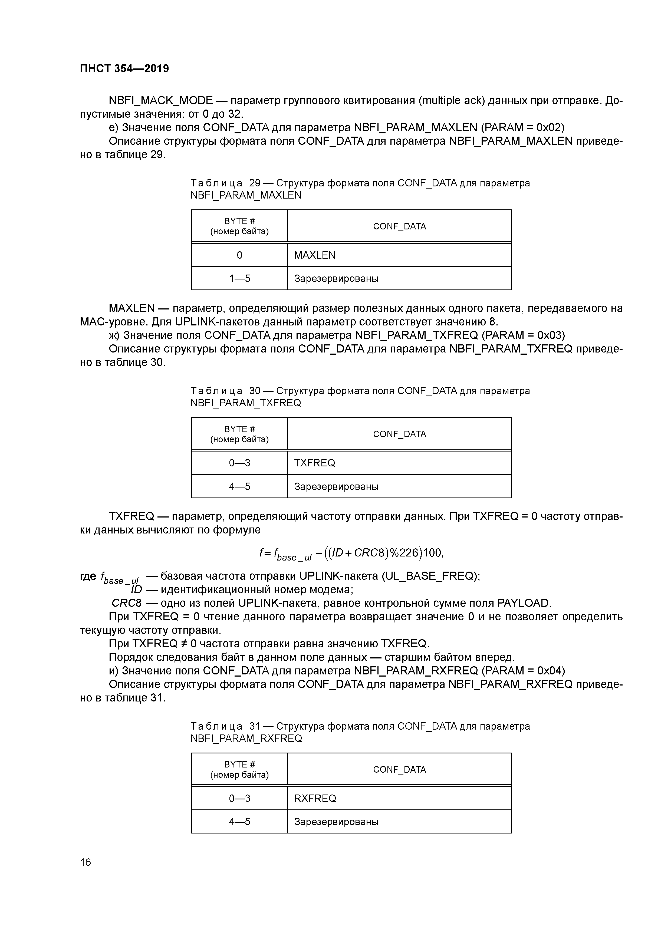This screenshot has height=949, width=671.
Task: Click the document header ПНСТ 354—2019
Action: (x=124, y=69)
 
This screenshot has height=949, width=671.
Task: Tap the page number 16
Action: (x=85, y=862)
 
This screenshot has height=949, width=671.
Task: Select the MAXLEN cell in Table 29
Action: (x=315, y=255)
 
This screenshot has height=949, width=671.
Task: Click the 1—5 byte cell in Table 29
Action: (x=239, y=278)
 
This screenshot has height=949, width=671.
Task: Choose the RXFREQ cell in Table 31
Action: (x=315, y=798)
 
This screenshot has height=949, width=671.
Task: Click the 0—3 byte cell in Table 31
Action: (x=239, y=798)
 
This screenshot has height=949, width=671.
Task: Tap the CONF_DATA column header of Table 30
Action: (x=399, y=434)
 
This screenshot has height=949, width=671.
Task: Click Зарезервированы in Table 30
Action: (x=336, y=486)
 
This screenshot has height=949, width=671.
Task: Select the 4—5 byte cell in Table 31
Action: (x=239, y=821)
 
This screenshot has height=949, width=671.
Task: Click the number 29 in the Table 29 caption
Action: (x=255, y=183)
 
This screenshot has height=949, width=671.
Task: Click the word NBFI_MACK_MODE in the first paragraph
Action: (x=160, y=100)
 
